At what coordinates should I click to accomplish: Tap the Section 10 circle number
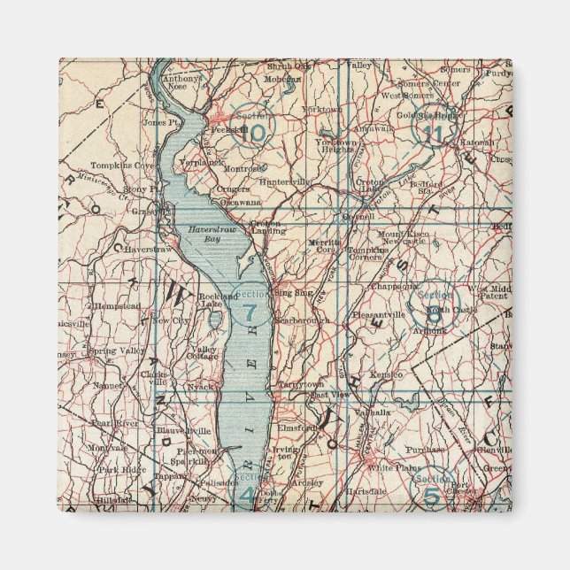pos(256,133)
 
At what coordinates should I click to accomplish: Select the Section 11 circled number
pos(432,133)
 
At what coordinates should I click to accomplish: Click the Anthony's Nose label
pos(182,81)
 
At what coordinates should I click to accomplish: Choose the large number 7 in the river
pos(250,312)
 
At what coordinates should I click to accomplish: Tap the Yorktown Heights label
pos(337,146)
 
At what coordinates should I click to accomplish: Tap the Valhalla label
pos(374,412)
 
